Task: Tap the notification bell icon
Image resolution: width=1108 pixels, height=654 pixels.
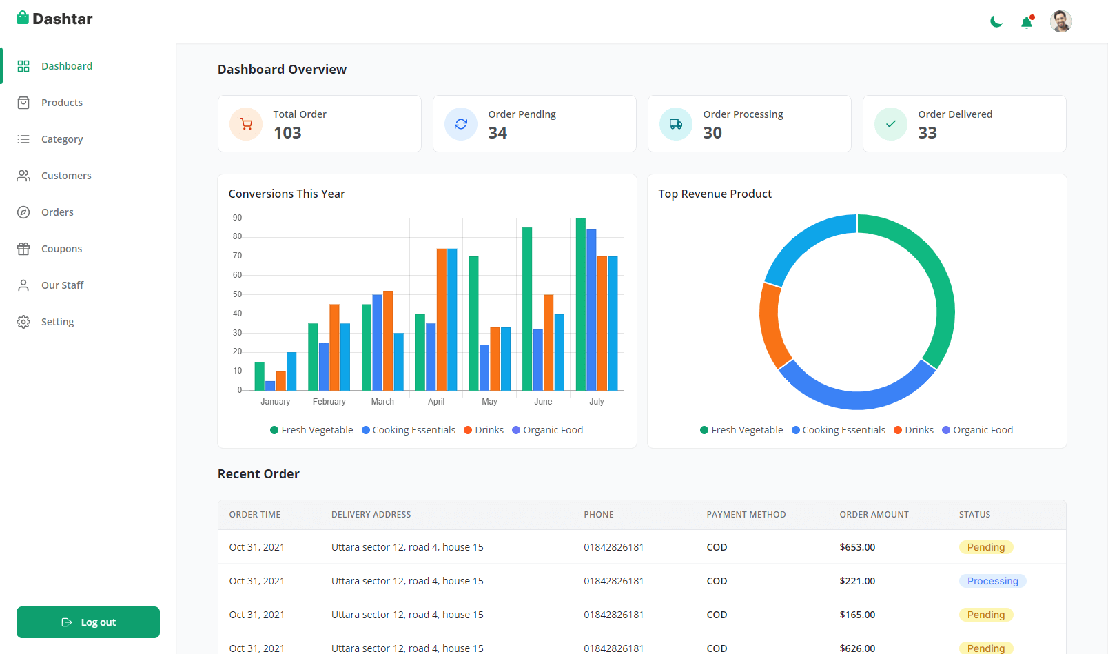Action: coord(1027,22)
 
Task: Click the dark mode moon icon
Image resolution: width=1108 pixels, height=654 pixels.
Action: coord(996,22)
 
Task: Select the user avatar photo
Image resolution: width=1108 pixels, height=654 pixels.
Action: coord(1060,22)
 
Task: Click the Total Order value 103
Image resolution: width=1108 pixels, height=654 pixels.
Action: coord(287,132)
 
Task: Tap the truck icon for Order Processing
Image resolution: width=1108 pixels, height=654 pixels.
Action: coord(676,123)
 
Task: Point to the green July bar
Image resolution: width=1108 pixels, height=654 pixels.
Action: coord(581,304)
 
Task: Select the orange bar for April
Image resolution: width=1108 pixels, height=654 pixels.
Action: coord(441,319)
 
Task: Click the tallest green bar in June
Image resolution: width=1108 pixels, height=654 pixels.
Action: coord(527,309)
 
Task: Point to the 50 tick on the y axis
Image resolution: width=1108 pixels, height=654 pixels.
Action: coord(238,294)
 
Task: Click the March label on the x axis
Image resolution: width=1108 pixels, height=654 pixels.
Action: coord(382,402)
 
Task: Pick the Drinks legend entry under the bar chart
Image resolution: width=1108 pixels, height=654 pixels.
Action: coord(484,430)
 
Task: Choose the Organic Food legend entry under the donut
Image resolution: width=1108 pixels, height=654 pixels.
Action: coord(977,430)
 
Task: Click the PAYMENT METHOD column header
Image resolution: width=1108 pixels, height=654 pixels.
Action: coord(746,515)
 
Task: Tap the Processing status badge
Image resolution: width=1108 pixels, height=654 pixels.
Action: coord(993,581)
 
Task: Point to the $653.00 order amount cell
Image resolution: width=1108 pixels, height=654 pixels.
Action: coord(857,547)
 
